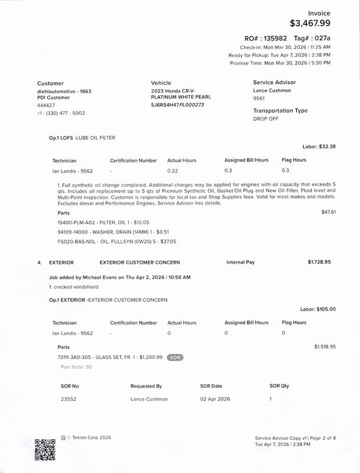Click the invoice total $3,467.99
310,24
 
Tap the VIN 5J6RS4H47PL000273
177,105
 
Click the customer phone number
61,112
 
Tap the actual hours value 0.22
173,171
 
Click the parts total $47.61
328,212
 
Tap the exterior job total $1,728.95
319,261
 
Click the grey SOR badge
174,358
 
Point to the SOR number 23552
69,399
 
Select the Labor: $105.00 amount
317,309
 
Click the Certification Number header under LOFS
133,160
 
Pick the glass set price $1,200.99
147,358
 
